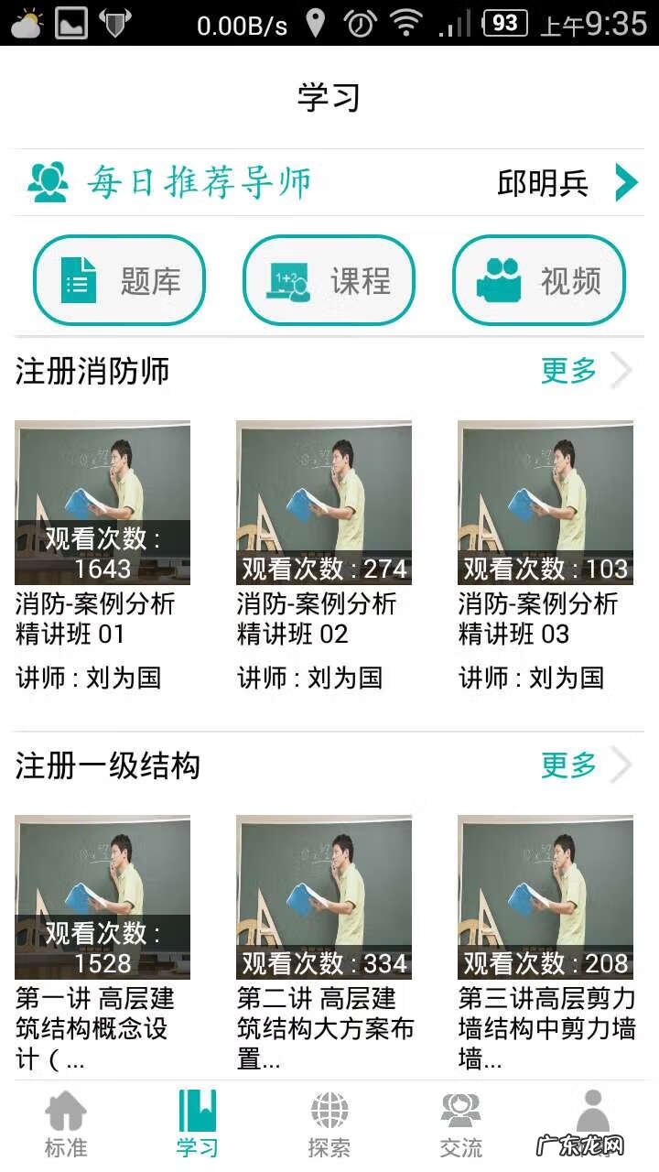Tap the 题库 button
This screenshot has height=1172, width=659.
pyautogui.click(x=119, y=280)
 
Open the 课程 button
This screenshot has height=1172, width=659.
pyautogui.click(x=329, y=280)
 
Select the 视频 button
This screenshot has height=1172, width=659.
pyautogui.click(x=539, y=280)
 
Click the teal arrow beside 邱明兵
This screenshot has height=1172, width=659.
pyautogui.click(x=626, y=182)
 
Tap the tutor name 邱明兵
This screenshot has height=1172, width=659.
pyautogui.click(x=542, y=183)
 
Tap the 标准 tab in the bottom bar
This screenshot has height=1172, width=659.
pyautogui.click(x=66, y=1123)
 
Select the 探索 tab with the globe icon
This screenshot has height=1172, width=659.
pyautogui.click(x=329, y=1123)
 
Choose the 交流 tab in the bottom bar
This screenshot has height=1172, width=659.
pyautogui.click(x=460, y=1123)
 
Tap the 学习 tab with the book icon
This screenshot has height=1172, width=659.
pyautogui.click(x=198, y=1123)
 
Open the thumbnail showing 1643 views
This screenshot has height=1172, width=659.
pyautogui.click(x=103, y=503)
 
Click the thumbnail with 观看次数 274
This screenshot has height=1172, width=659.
pyautogui.click(x=324, y=503)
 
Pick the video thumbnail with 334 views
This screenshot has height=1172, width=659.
pyautogui.click(x=324, y=897)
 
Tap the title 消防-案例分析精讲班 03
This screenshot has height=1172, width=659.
pyautogui.click(x=538, y=619)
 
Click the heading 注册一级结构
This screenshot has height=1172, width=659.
pyautogui.click(x=107, y=765)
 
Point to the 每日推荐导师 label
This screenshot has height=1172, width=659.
pyautogui.click(x=199, y=183)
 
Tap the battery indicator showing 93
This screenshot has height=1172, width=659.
pyautogui.click(x=504, y=23)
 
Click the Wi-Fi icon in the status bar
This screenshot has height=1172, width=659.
pyautogui.click(x=405, y=23)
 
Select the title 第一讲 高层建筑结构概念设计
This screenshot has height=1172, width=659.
pyautogui.click(x=95, y=1027)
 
